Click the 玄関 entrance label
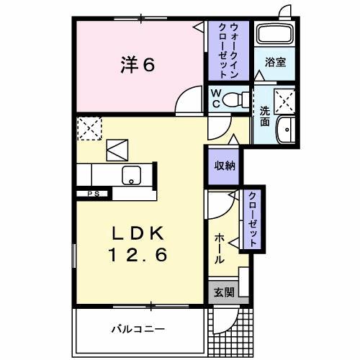pyautogui.click(x=224, y=292)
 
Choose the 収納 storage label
pyautogui.click(x=223, y=165)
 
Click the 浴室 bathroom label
pyautogui.click(x=275, y=62)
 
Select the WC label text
pyautogui.click(x=215, y=98)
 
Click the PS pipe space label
pyautogui.click(x=94, y=194)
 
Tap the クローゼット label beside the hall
pyautogui.click(x=253, y=220)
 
